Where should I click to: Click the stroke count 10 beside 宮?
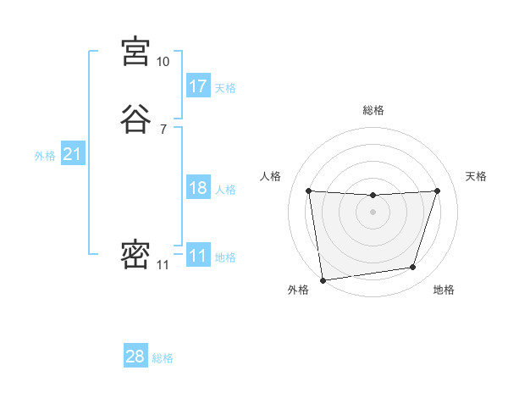pos(163,62)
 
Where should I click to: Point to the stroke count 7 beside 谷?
pos(163,129)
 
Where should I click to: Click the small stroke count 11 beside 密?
pos(163,265)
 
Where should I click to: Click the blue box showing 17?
pos(198,86)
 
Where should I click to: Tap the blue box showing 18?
pos(198,188)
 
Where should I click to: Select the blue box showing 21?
pos(72,154)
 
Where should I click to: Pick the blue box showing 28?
pos(135,357)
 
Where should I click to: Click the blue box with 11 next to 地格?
pos(198,256)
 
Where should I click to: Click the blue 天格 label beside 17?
pos(225,88)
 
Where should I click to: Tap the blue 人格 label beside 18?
pos(225,190)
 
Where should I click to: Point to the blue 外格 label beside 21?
pos(45,156)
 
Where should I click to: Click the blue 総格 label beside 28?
pos(163,358)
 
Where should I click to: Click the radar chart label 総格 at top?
pos(373,110)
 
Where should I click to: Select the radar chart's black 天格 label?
pos(476,176)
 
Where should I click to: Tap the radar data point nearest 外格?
pos(323,279)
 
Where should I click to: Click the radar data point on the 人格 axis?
pos(308,191)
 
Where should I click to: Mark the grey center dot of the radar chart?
pos(373,212)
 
